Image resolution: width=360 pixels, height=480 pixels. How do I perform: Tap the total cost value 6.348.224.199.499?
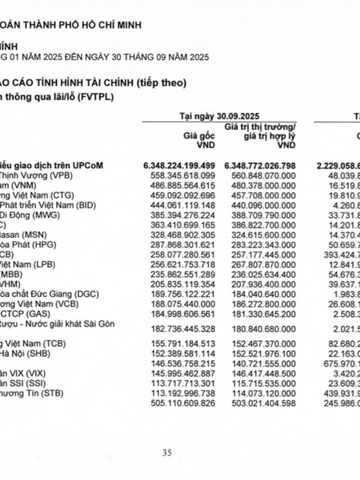point(179,164)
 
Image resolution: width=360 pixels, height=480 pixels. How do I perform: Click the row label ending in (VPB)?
point(35,175)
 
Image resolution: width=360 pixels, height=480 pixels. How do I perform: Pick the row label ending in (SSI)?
point(25,382)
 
